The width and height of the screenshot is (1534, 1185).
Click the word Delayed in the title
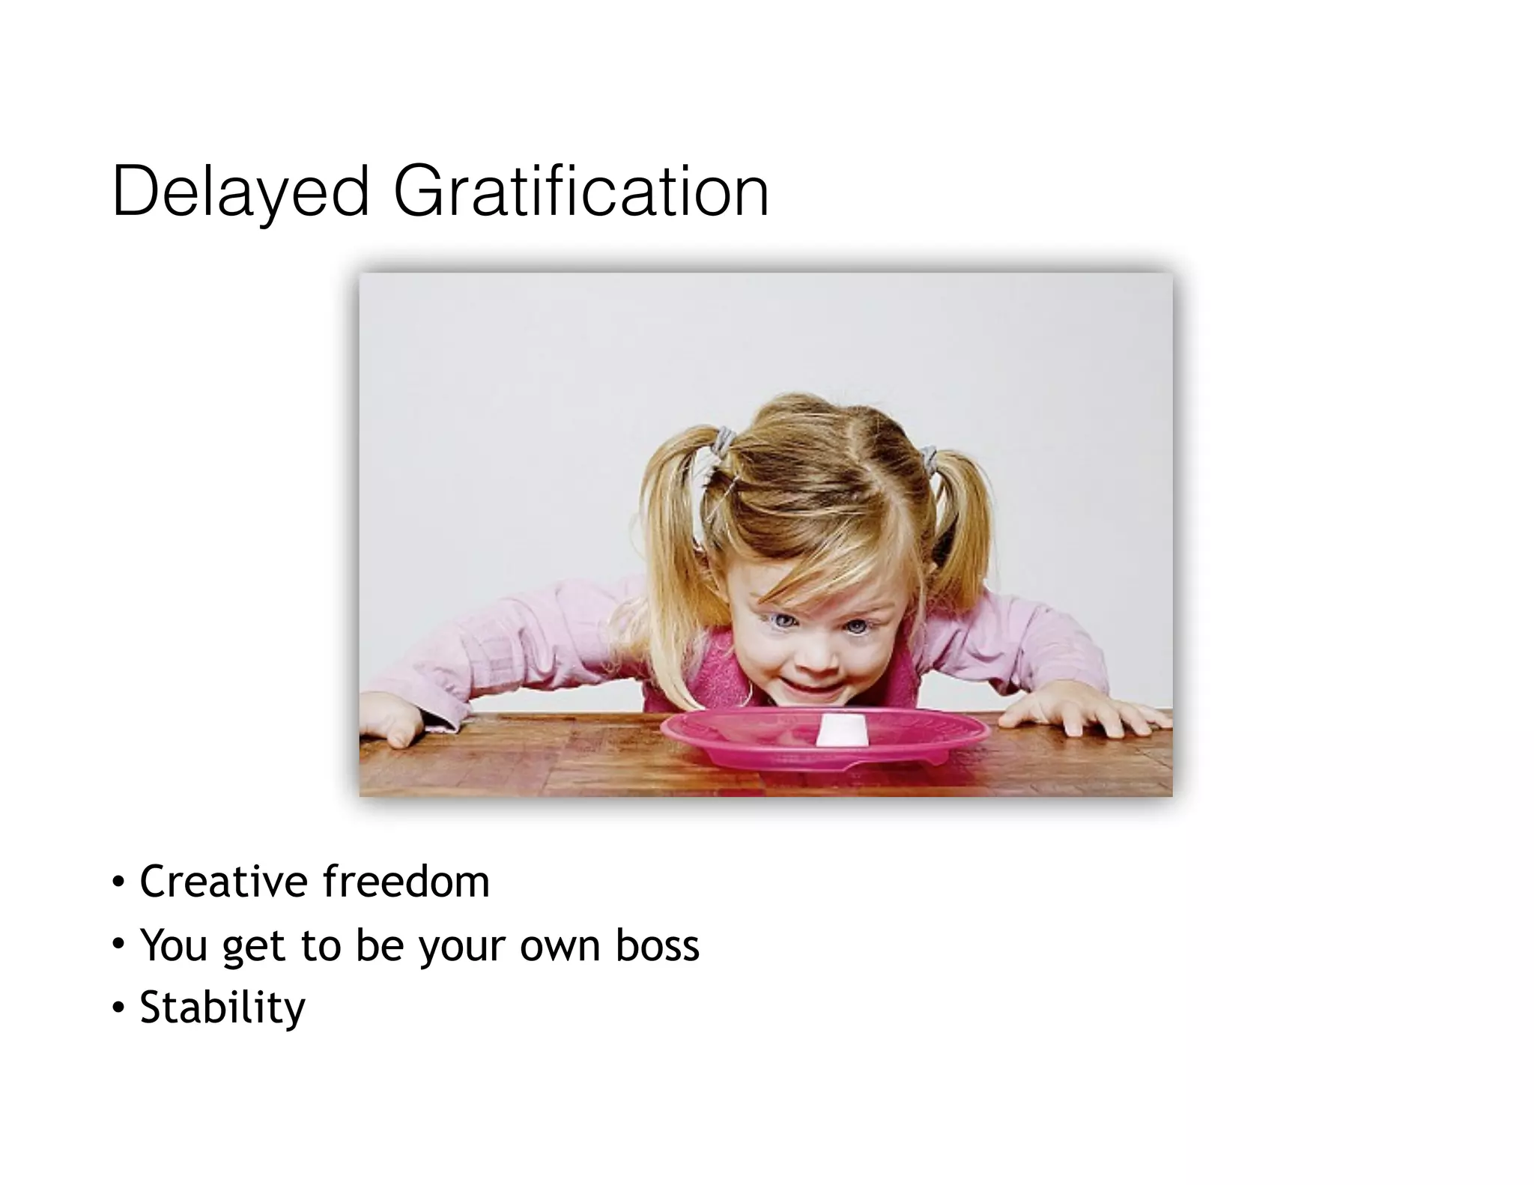(x=240, y=192)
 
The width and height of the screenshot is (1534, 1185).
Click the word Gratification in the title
(x=580, y=192)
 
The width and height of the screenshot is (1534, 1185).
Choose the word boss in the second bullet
(x=657, y=945)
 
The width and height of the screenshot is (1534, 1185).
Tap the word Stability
(x=222, y=1008)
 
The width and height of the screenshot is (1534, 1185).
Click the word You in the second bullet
(x=173, y=945)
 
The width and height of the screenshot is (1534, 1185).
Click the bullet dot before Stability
(x=118, y=1008)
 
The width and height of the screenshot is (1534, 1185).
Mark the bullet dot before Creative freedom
(x=118, y=882)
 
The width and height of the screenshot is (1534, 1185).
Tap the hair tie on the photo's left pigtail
(x=724, y=441)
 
